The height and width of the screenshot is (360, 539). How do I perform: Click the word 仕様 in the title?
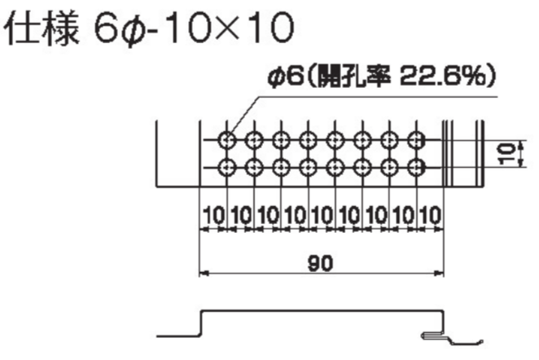42,29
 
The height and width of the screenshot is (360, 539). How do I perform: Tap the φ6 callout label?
285,76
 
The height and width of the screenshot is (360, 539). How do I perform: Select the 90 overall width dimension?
320,263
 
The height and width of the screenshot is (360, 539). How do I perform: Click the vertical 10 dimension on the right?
506,154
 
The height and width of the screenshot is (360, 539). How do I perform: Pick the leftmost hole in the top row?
227,140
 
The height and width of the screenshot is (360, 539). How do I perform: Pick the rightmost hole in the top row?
416,140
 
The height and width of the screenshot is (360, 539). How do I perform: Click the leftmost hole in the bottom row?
227,168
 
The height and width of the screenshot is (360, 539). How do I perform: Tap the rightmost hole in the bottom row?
416,168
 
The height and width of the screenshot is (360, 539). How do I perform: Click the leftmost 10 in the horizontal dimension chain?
213,215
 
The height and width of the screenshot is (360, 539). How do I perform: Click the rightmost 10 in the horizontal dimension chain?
430,215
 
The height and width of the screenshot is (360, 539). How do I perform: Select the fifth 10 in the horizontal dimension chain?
322,215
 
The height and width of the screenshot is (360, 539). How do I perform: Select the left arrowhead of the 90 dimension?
204,274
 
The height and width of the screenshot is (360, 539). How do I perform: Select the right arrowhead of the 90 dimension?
439,274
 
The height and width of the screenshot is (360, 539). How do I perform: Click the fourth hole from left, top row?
308,140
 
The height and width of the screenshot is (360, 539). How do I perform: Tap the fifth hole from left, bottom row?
335,168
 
